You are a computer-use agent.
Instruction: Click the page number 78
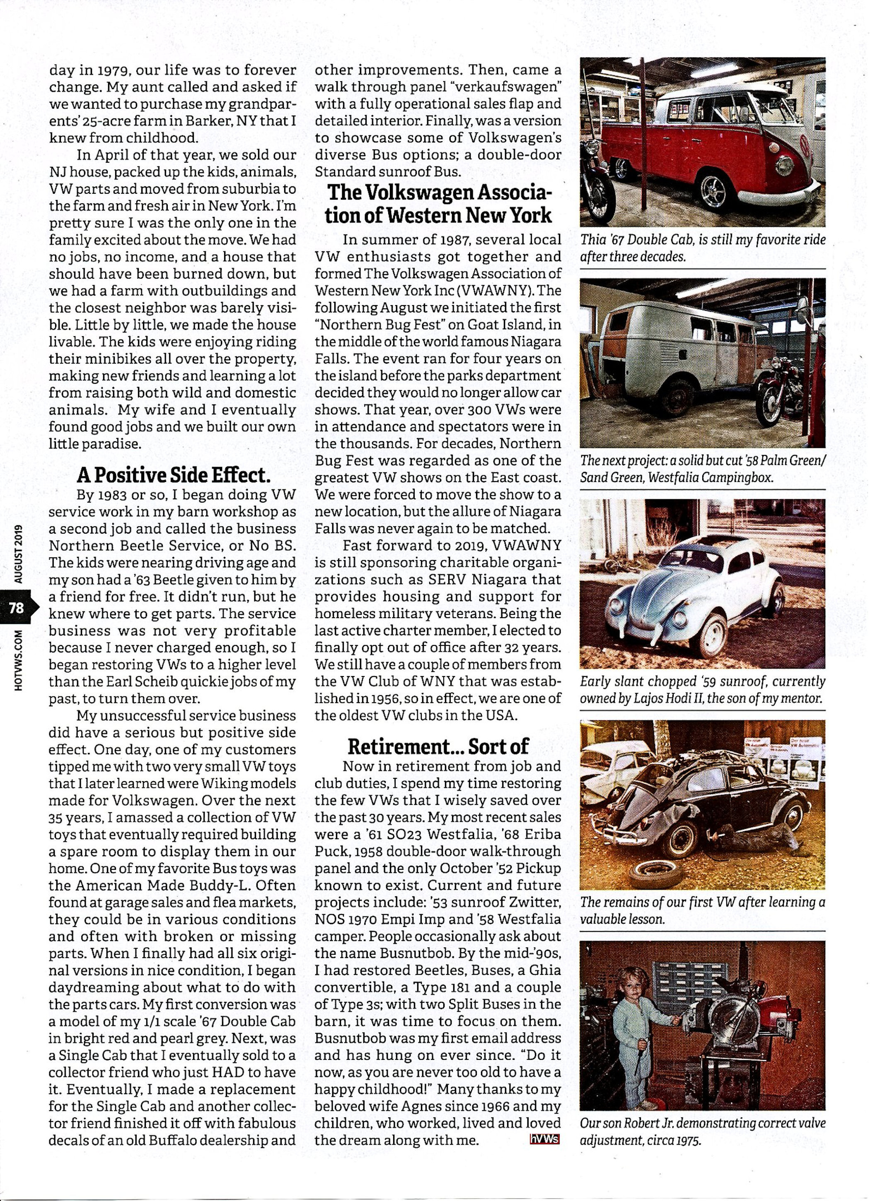coord(17,607)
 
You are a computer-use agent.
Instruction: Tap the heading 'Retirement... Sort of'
coord(437,746)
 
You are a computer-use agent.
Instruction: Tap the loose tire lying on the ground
coord(655,874)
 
